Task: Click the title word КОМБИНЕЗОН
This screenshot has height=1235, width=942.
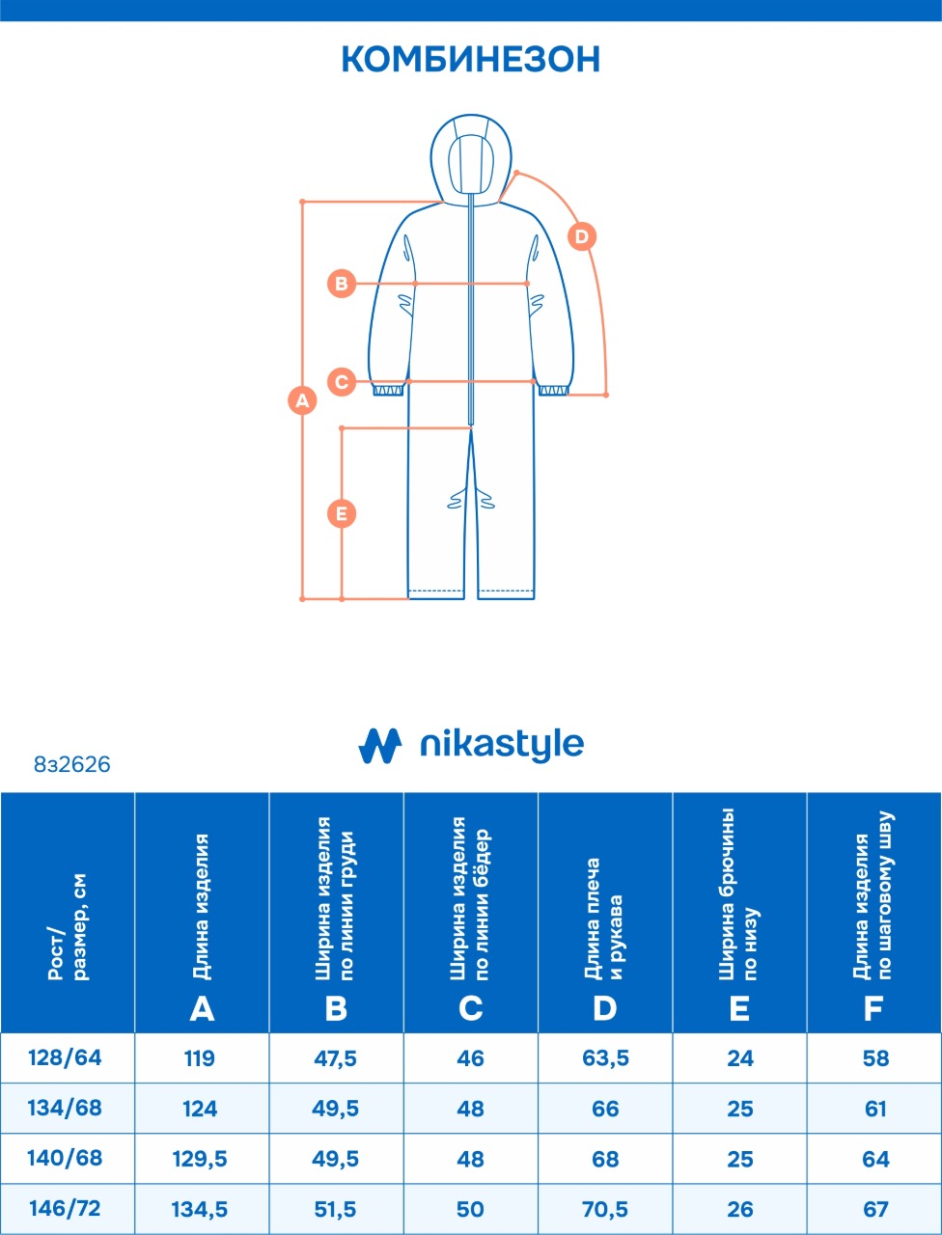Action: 471,59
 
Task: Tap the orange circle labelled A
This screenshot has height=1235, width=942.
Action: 303,399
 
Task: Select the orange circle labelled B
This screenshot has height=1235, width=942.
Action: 342,284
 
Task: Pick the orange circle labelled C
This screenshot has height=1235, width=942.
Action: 342,381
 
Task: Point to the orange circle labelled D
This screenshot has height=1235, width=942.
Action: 582,236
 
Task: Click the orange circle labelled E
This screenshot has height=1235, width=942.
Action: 342,513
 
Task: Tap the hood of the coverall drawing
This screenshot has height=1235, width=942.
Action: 471,154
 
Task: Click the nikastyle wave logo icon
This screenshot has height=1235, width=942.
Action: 379,745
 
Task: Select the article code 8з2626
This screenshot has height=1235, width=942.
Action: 72,765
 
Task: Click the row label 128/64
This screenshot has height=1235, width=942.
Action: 66,1058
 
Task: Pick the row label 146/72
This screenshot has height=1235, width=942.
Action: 66,1209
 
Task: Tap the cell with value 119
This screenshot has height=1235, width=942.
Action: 200,1058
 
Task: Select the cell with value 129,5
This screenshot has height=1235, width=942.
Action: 200,1159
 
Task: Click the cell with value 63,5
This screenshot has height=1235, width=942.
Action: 605,1058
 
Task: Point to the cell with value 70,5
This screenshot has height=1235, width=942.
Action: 605,1209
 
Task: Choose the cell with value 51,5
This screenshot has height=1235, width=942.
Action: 335,1209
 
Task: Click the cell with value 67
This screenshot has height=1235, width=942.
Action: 875,1209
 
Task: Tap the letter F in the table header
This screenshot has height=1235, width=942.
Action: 873,1008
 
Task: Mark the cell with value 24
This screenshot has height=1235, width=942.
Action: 740,1058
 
